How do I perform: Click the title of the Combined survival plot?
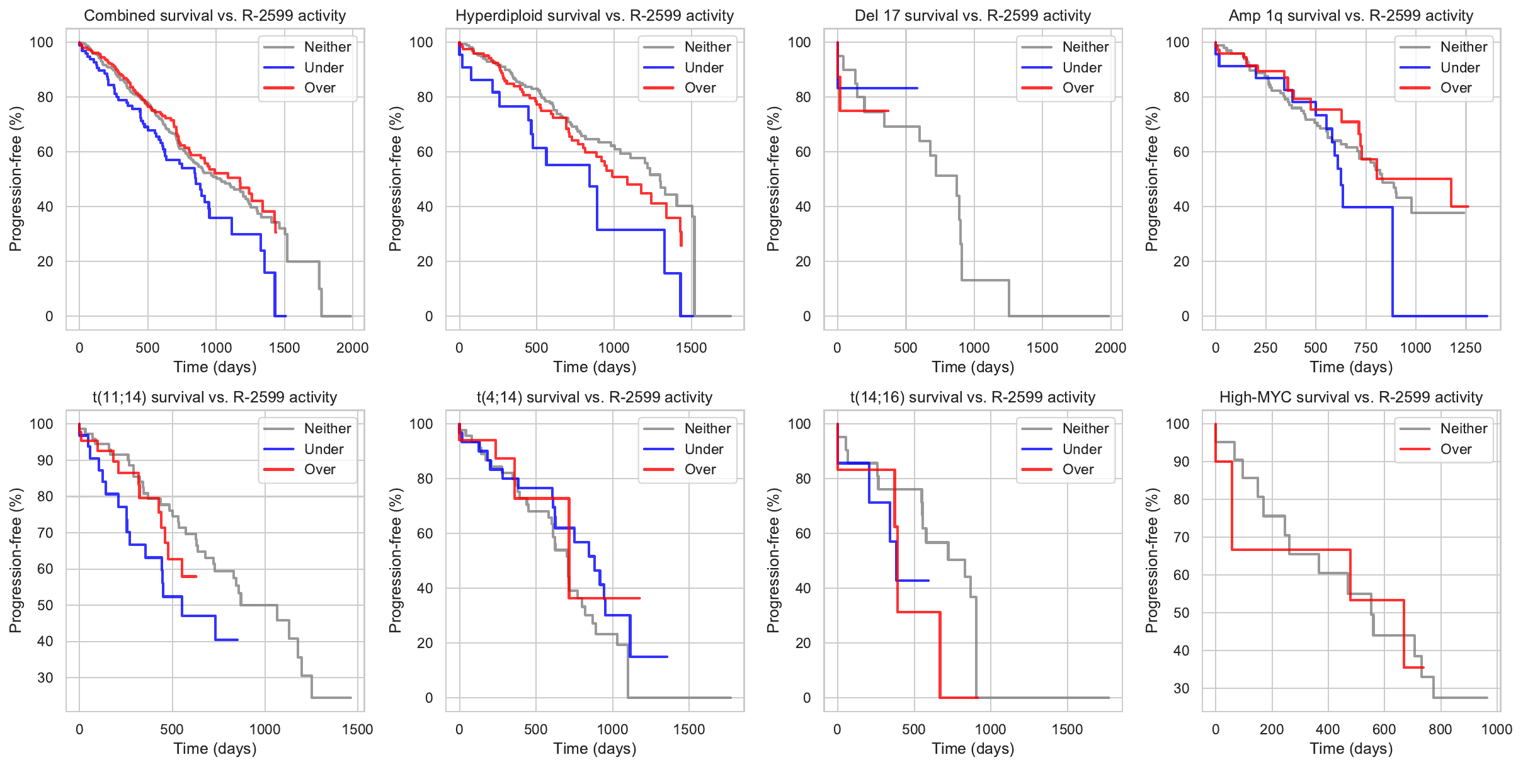(x=215, y=16)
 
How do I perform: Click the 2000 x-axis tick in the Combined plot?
(x=352, y=348)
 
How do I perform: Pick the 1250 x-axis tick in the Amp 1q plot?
(x=1466, y=348)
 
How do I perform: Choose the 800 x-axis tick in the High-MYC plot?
(x=1440, y=729)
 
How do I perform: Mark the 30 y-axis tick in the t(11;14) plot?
(x=45, y=678)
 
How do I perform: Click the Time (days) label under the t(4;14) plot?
(x=595, y=748)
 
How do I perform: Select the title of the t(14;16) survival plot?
(x=973, y=397)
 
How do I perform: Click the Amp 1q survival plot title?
(x=1350, y=16)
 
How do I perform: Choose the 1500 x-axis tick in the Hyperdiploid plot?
(x=691, y=348)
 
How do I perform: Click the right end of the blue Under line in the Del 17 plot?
(x=917, y=88)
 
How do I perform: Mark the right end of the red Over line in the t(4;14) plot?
(x=640, y=598)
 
